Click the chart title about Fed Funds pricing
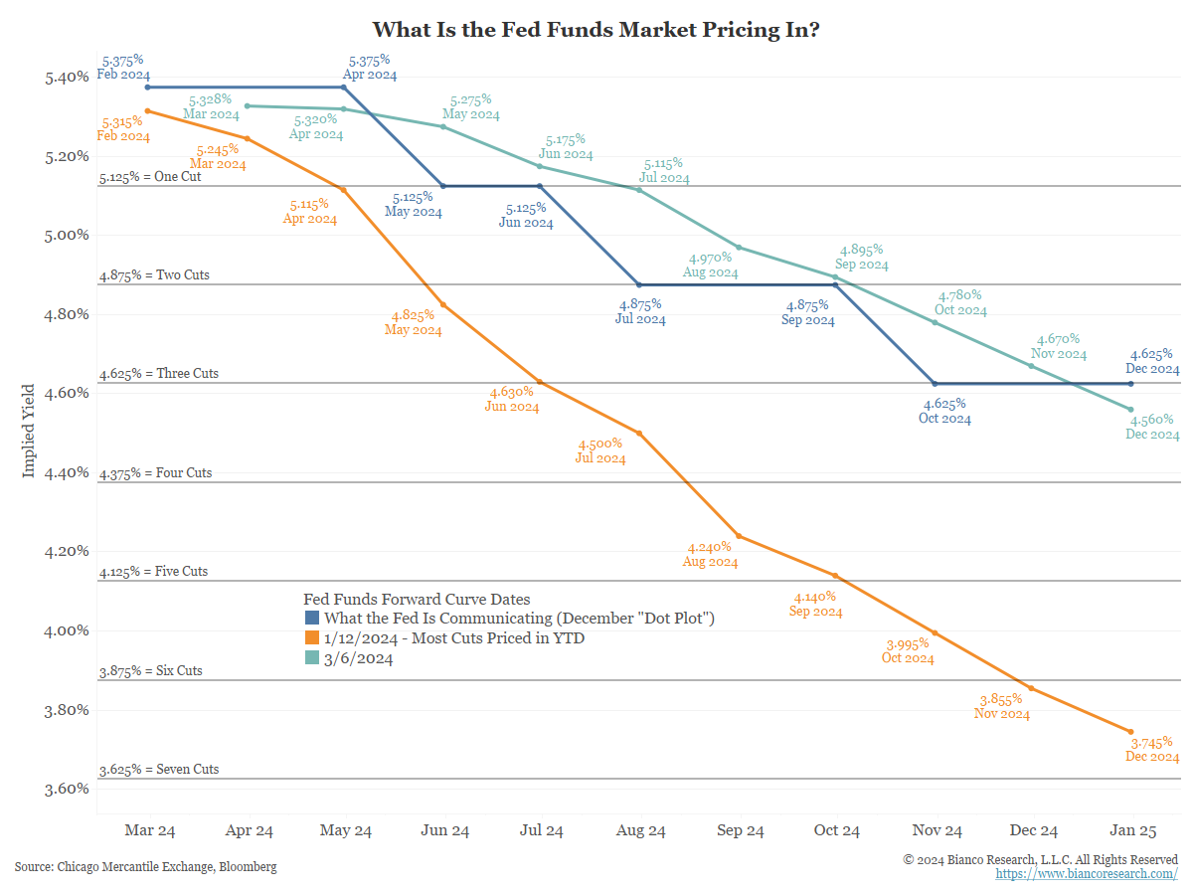[596, 30]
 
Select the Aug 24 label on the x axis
[641, 830]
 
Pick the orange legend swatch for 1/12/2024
[312, 638]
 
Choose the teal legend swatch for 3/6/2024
[312, 658]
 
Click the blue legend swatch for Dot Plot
[312, 619]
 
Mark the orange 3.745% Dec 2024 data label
[1152, 749]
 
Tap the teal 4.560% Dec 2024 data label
[1152, 427]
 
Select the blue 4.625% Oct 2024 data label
[944, 411]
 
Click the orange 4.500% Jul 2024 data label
[600, 450]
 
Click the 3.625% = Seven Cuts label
[159, 770]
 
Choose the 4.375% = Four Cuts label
[155, 473]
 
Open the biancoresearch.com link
[1087, 873]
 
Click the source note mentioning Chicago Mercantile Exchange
[145, 867]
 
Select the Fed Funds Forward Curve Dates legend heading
[417, 599]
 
